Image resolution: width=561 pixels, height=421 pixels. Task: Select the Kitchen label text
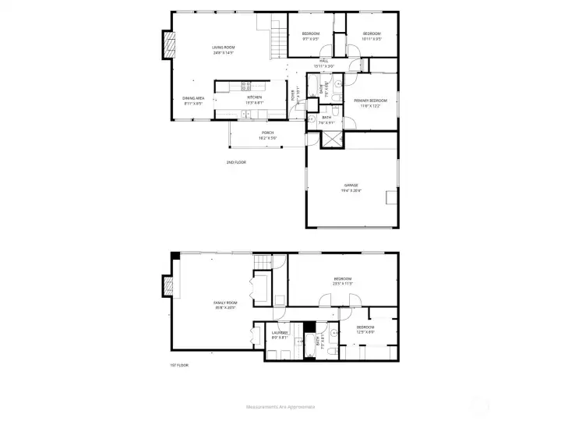254,100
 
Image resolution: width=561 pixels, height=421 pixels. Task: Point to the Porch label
267,135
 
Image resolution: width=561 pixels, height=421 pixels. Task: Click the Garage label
351,187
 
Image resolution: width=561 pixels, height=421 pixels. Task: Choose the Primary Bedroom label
371,103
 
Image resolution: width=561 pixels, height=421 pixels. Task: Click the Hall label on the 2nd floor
323,63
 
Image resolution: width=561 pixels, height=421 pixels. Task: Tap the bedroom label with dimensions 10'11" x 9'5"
371,36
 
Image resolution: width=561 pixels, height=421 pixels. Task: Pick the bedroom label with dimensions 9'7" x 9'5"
310,36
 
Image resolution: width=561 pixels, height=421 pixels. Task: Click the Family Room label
225,304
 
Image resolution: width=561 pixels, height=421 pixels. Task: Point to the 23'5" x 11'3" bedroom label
343,281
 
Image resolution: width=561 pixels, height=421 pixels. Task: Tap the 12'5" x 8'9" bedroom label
365,329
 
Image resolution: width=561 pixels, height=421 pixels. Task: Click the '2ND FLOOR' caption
236,162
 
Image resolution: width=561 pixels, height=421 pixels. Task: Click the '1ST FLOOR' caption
178,365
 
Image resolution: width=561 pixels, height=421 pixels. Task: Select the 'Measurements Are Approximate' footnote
280,407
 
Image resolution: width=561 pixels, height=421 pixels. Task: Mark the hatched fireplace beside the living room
166,45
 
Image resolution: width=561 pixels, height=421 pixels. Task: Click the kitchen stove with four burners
246,85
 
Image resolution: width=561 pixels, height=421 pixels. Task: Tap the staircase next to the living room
278,38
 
